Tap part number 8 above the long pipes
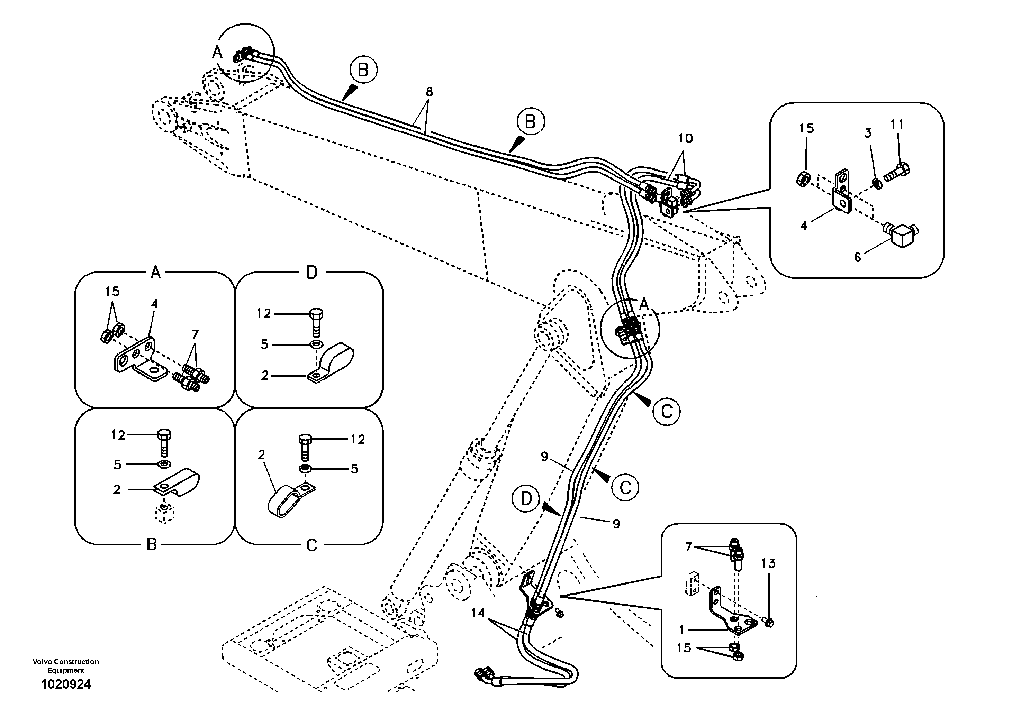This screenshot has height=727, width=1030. point(429,92)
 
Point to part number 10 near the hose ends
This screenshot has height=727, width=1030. point(685,138)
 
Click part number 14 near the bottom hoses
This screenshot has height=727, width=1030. point(478,613)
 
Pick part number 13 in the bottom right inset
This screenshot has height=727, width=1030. point(768,563)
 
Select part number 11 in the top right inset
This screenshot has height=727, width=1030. point(897,124)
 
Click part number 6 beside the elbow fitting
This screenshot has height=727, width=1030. point(857,257)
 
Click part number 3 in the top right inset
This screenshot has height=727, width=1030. point(868,133)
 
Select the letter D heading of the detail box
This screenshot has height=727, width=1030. point(311,272)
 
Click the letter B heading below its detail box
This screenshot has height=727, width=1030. point(152,545)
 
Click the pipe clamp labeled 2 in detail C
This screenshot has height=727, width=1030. point(287,501)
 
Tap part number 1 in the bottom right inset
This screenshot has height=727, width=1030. point(681,630)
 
